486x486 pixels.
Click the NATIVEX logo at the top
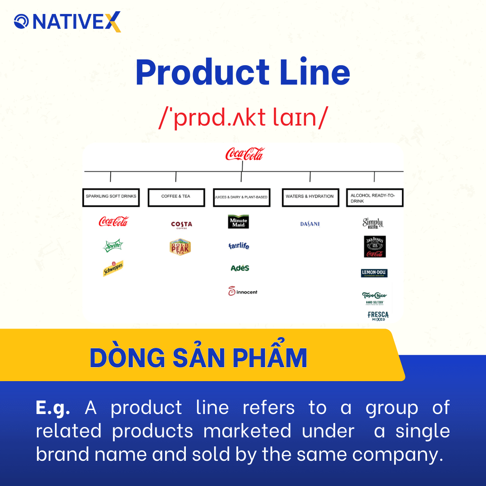click(x=67, y=22)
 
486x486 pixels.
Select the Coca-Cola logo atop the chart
click(x=244, y=154)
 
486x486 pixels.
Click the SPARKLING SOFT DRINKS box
click(x=111, y=197)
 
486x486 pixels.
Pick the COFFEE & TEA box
click(x=176, y=197)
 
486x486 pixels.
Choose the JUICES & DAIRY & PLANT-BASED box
click(x=241, y=198)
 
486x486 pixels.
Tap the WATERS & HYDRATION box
click(x=310, y=197)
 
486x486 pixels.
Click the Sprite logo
click(x=113, y=246)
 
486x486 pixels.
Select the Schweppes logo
click(x=113, y=269)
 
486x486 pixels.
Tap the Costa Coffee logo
click(x=181, y=224)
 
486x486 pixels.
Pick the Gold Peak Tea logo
click(x=180, y=247)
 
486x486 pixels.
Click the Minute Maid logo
click(x=238, y=222)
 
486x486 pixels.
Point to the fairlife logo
click(x=238, y=246)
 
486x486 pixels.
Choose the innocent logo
click(x=243, y=292)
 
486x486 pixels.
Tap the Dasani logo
click(x=310, y=224)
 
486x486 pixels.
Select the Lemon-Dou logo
click(x=374, y=273)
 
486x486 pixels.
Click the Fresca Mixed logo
click(x=378, y=316)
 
